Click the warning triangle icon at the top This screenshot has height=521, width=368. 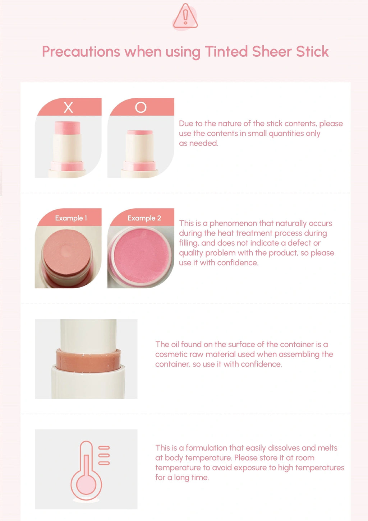[185, 17]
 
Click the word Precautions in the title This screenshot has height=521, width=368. [81, 51]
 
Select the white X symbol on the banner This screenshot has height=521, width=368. [68, 107]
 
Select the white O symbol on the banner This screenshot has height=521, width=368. [141, 107]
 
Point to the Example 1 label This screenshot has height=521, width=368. [71, 218]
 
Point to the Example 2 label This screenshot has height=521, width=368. [144, 218]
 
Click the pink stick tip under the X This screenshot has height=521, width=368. [68, 128]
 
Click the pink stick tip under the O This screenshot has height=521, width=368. [140, 132]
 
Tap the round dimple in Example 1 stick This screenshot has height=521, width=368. [67, 251]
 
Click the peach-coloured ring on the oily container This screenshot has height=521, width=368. [88, 360]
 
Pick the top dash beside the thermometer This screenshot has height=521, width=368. [104, 447]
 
